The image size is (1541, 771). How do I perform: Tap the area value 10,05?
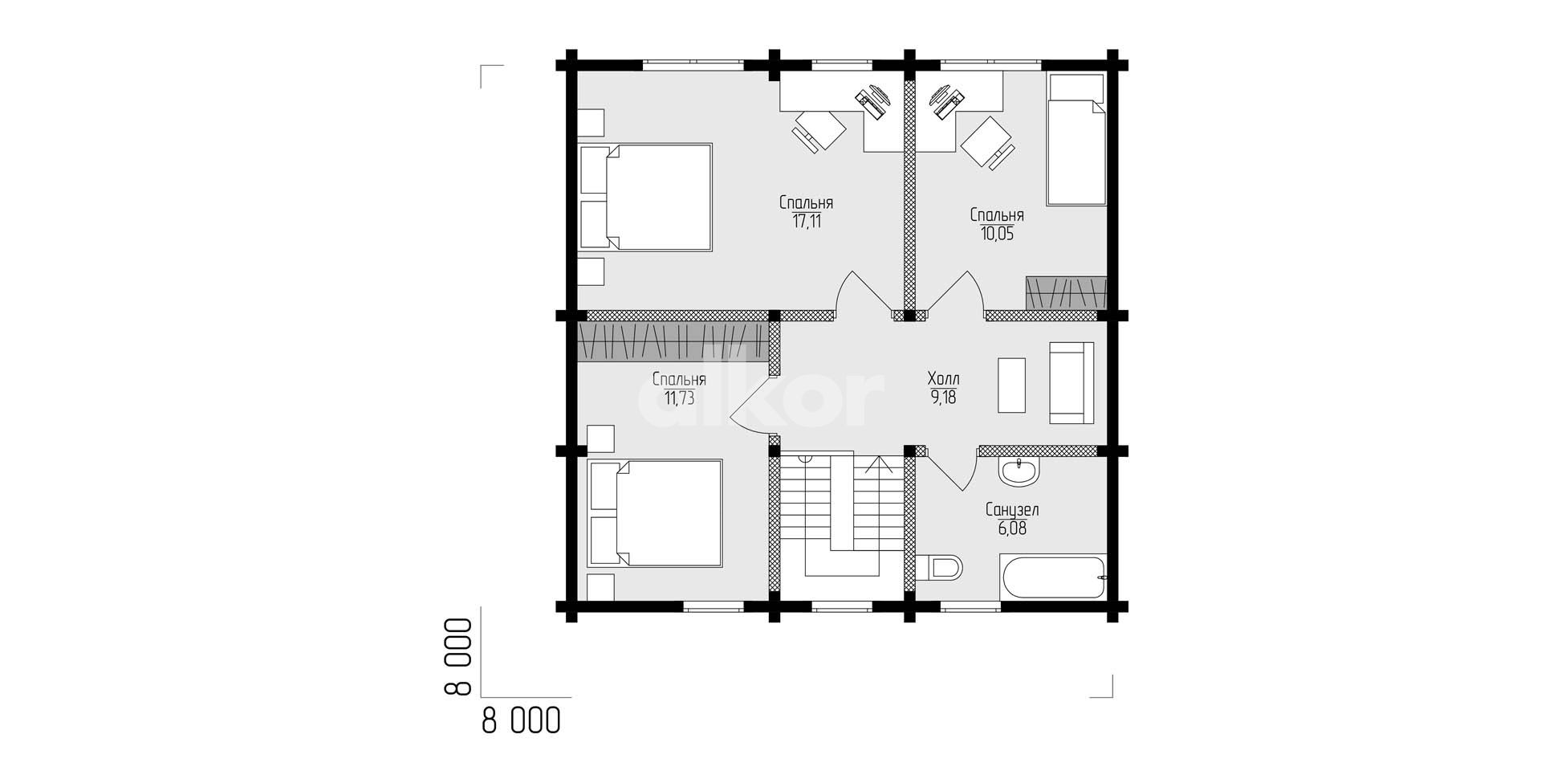(996, 234)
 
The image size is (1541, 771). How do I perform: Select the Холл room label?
(943, 378)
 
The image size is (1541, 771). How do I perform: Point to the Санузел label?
(1012, 510)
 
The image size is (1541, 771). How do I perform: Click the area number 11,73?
(679, 398)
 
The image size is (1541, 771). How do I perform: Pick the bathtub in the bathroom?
(1053, 576)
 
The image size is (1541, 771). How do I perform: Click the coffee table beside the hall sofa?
(1011, 385)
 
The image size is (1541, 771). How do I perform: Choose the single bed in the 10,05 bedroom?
(1075, 140)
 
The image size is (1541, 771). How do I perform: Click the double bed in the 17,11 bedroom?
(645, 198)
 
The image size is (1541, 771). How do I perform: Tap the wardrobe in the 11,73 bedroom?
(673, 341)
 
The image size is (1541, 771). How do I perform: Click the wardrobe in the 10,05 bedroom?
(1066, 293)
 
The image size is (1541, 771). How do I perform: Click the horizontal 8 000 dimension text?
(521, 720)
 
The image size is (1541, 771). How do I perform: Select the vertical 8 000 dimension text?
(454, 656)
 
